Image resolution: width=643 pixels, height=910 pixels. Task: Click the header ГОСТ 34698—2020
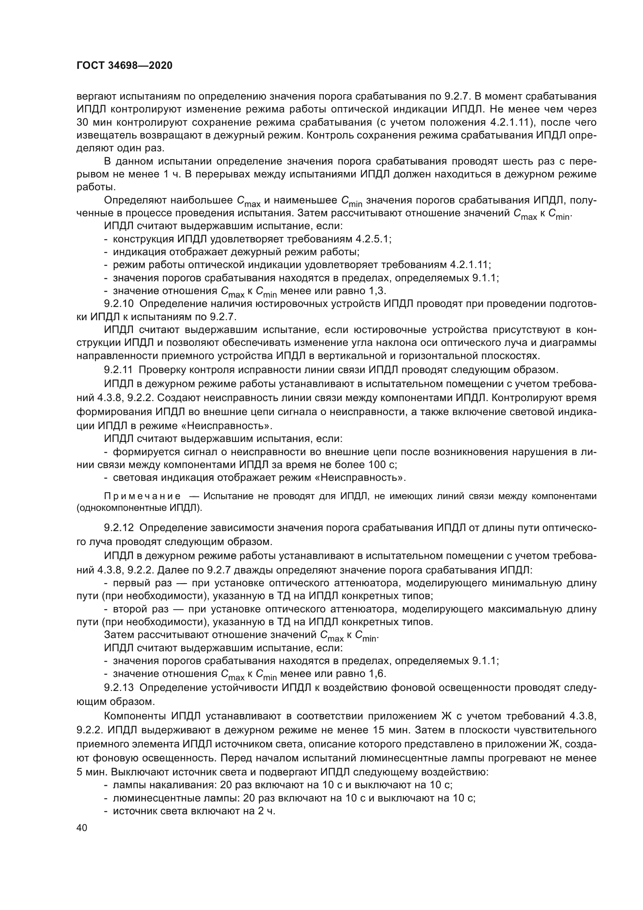(124, 66)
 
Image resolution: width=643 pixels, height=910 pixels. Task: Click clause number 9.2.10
(119, 304)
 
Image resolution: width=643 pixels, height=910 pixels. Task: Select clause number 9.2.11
(119, 370)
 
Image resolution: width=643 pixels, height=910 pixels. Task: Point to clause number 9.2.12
(119, 528)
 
